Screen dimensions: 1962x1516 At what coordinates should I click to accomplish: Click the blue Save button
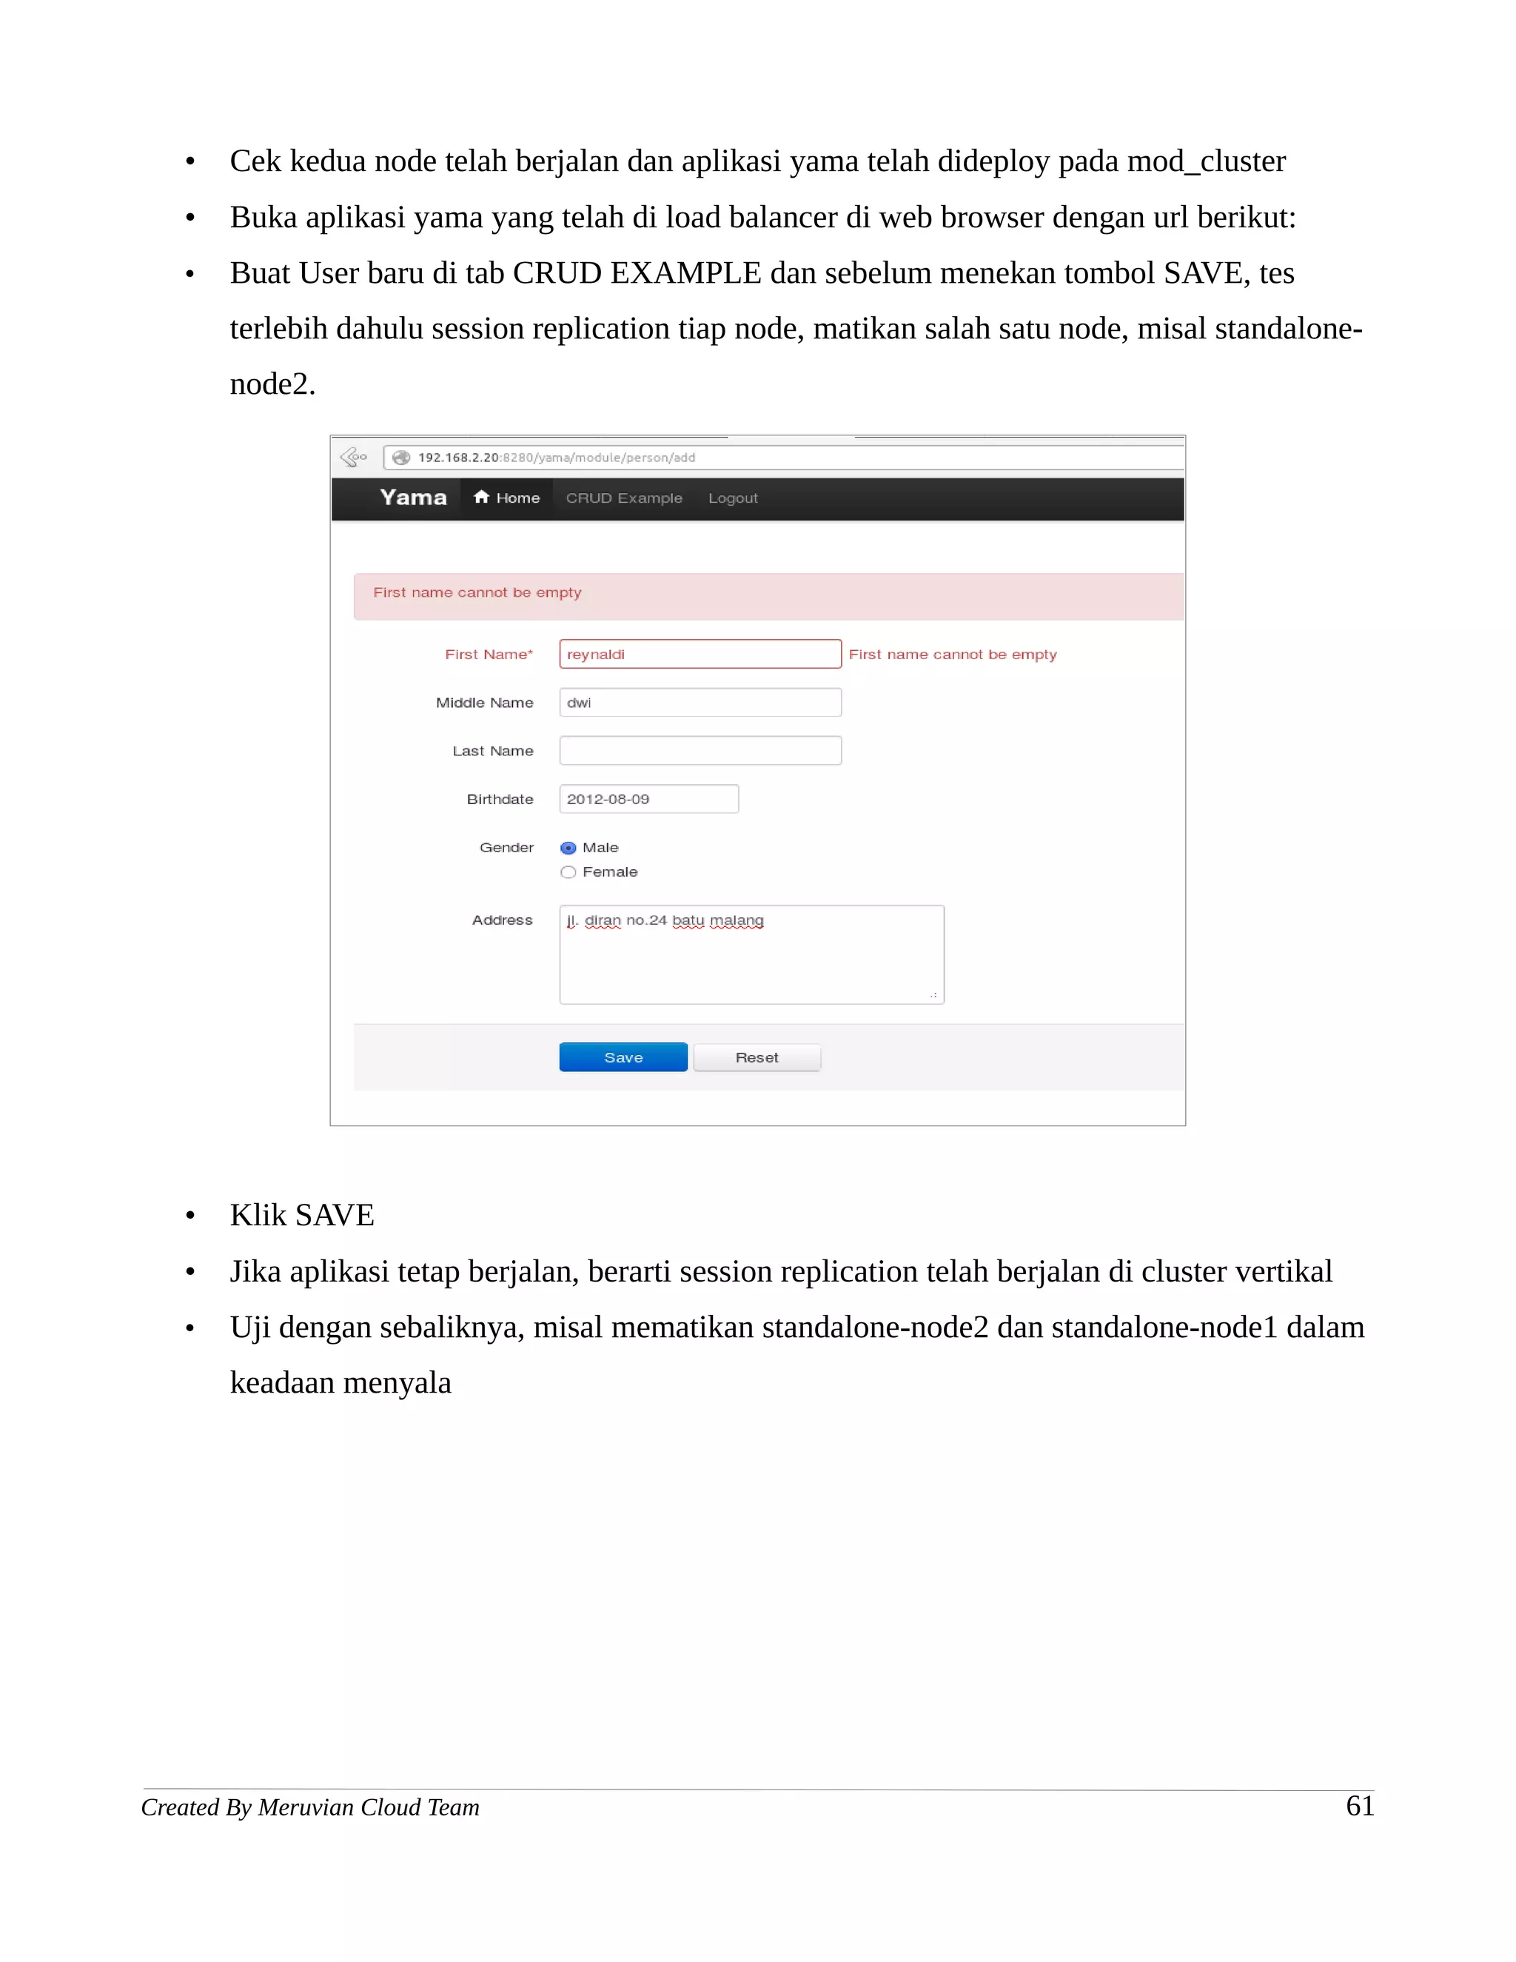click(x=623, y=1057)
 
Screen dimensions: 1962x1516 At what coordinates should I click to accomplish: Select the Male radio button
click(x=568, y=848)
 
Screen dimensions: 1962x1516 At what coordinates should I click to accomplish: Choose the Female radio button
click(x=568, y=872)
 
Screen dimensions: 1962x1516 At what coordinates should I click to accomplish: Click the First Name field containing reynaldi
click(x=700, y=654)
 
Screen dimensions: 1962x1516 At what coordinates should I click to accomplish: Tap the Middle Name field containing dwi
click(x=700, y=703)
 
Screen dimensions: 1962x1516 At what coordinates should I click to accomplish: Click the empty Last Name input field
click(x=700, y=751)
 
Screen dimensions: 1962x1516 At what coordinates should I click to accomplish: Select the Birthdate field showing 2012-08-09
click(x=648, y=800)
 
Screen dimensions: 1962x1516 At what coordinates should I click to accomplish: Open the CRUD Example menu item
click(x=623, y=498)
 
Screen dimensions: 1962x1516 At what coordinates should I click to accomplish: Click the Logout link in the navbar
click(x=733, y=498)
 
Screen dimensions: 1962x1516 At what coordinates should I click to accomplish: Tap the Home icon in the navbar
click(x=481, y=498)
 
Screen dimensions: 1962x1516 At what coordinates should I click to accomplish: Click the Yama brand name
click(x=413, y=498)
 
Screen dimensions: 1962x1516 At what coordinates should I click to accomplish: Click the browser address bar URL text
click(x=556, y=458)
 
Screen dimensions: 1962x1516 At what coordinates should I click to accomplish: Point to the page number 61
click(x=1360, y=1806)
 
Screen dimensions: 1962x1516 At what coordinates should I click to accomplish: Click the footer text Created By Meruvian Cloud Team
click(x=310, y=1807)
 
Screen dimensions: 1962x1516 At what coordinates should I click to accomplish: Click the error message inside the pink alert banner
click(x=477, y=593)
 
